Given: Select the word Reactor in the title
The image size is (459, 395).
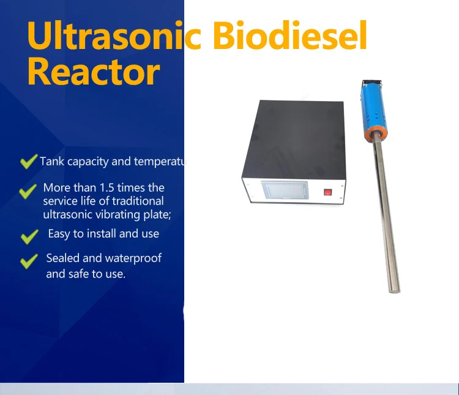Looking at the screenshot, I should point(93,72).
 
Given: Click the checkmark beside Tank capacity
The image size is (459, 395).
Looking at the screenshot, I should point(28,162).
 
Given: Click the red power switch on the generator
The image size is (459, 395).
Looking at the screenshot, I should point(327,191).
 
